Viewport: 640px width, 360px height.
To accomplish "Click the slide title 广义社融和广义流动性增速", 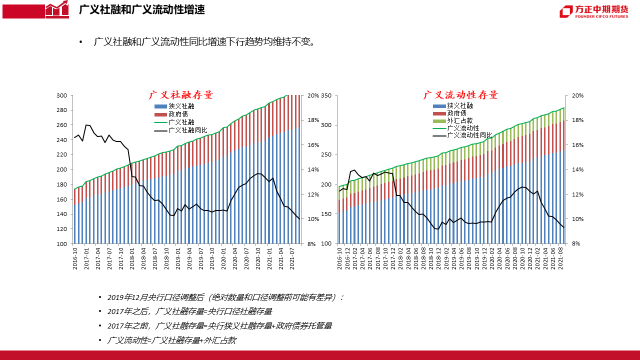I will (x=141, y=10).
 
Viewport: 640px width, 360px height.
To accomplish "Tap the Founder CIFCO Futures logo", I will (x=594, y=11).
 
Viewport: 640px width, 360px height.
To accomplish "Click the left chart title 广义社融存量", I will (x=180, y=95).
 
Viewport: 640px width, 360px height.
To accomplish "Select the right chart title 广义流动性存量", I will (x=460, y=95).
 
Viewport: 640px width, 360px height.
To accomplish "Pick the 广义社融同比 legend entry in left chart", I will (x=188, y=130).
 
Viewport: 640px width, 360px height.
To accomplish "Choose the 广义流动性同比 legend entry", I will (x=469, y=135).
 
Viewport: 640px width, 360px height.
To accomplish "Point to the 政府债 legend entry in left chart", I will (x=178, y=114).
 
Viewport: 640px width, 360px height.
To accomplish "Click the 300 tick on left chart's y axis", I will (x=61, y=95).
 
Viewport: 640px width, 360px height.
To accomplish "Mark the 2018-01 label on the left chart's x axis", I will (x=132, y=258).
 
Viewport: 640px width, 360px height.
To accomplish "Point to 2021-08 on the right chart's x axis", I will (x=560, y=258).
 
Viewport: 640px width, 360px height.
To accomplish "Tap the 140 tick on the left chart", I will (x=61, y=214).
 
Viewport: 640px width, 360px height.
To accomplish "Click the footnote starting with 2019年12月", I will (x=225, y=297).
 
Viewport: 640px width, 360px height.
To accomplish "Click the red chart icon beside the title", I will (x=57, y=9).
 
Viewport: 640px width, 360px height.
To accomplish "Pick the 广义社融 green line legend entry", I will (x=181, y=122).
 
